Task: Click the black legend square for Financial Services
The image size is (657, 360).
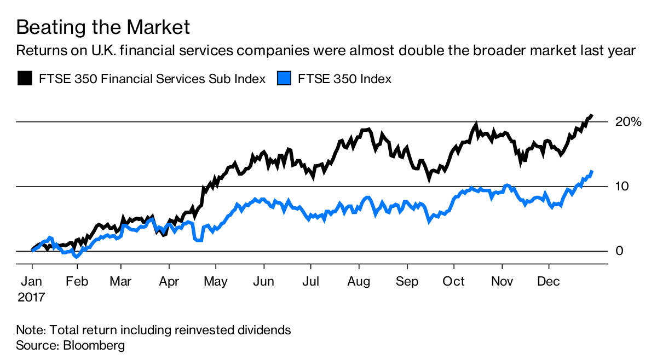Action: pyautogui.click(x=24, y=78)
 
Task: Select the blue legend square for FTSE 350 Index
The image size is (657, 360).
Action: pyautogui.click(x=283, y=78)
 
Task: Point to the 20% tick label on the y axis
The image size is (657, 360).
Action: pyautogui.click(x=628, y=121)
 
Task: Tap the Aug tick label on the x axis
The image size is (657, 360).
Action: pyautogui.click(x=359, y=281)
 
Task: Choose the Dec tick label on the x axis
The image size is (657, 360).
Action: pyautogui.click(x=549, y=281)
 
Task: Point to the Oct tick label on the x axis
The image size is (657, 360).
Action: pyautogui.click(x=454, y=281)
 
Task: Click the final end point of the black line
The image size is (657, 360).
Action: pyautogui.click(x=592, y=115)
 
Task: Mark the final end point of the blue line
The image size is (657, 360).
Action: pyautogui.click(x=592, y=171)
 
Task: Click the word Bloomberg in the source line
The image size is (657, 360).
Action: pyautogui.click(x=94, y=346)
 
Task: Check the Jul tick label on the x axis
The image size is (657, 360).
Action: pyautogui.click(x=311, y=281)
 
